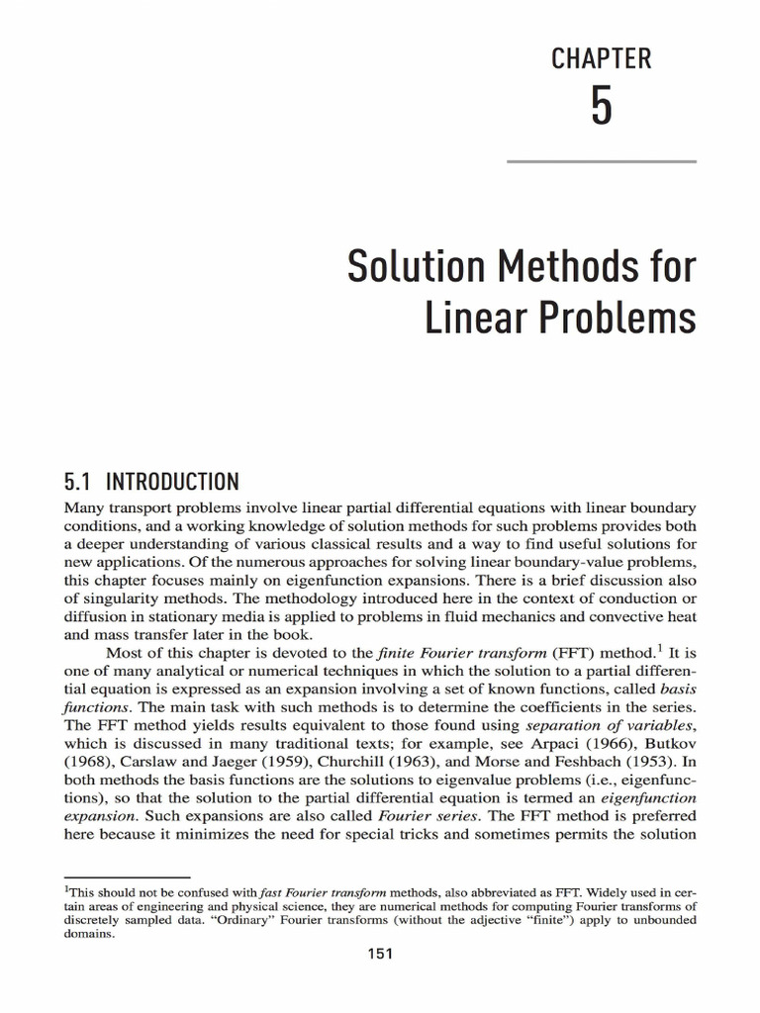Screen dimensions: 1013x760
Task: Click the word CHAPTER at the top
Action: [601, 59]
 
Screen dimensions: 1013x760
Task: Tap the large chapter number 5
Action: [601, 107]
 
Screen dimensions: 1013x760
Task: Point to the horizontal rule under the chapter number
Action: [601, 161]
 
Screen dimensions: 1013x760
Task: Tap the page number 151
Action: [380, 954]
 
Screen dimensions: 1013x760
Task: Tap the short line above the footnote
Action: [126, 876]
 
